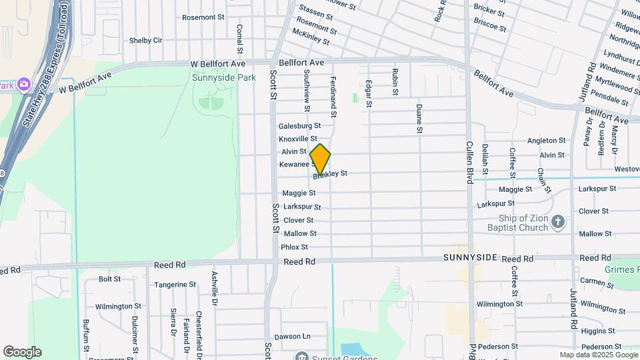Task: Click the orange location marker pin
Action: pos(320,159)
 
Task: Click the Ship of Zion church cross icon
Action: pos(558,221)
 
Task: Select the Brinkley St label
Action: pos(331,174)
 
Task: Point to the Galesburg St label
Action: pos(299,125)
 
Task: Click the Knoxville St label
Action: pos(297,139)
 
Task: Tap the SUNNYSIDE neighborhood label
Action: pos(471,257)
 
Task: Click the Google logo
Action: pos(22,352)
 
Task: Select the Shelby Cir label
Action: pos(145,40)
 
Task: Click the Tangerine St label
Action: pos(175,284)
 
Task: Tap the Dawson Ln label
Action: pos(292,337)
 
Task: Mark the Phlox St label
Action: pos(294,247)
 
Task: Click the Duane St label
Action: pos(419,118)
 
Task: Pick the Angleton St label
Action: pos(546,141)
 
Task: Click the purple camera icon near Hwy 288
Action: pos(24,84)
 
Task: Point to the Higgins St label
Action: pos(597,331)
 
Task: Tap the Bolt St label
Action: pos(109,279)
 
